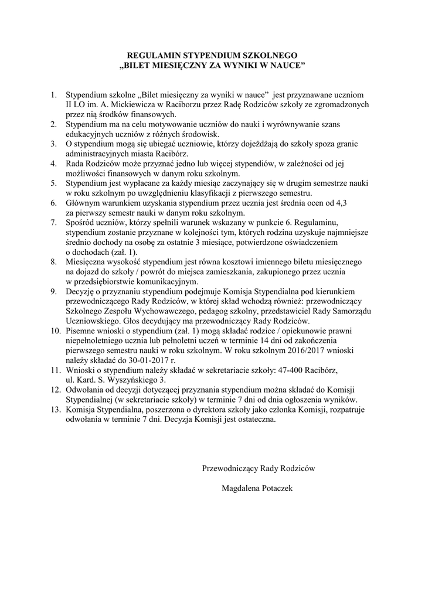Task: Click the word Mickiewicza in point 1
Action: pos(118,104)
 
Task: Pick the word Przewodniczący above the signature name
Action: pos(229,468)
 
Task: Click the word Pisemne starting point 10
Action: pos(83,331)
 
